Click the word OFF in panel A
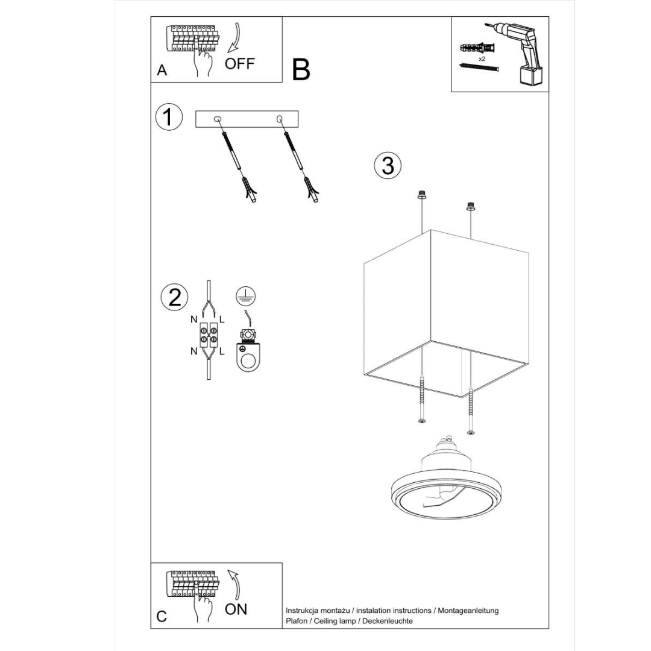[240, 63]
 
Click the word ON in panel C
[236, 609]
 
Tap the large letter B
[301, 70]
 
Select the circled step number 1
[168, 116]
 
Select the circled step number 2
[174, 297]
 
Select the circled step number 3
[388, 165]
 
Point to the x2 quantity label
[482, 60]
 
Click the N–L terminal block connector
[209, 336]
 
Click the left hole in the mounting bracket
[218, 119]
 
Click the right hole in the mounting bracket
[279, 119]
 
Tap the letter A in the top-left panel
[162, 71]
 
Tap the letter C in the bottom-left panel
[162, 616]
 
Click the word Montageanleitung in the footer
[468, 611]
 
